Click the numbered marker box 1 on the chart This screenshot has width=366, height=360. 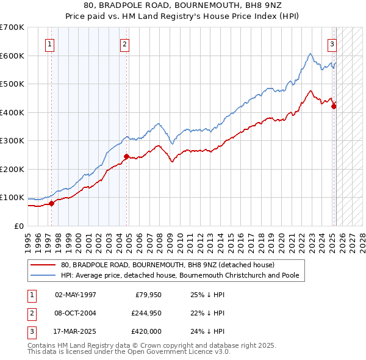click(49, 43)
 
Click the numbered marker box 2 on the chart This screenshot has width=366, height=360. click(124, 43)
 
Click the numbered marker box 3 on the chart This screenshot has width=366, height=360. click(332, 43)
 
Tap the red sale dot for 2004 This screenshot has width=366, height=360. click(126, 156)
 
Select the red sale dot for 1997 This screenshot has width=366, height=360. click(51, 203)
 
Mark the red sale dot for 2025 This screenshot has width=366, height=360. click(334, 107)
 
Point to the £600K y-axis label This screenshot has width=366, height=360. click(12, 56)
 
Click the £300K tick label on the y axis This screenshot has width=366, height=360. click(12, 141)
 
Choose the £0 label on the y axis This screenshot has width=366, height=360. click(18, 226)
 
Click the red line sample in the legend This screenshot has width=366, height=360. click(43, 265)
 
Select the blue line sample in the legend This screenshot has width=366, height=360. click(43, 275)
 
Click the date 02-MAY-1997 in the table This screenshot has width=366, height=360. click(76, 295)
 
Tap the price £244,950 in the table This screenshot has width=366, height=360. click(145, 313)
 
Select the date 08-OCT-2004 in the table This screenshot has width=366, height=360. click(76, 313)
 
